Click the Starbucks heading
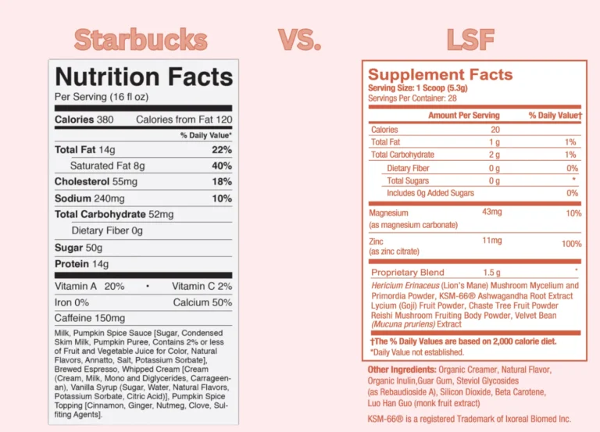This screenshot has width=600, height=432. coord(141,39)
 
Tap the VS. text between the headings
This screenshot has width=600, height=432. coord(299,39)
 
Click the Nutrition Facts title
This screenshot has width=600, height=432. coord(144,77)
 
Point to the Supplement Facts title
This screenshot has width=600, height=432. coord(440,75)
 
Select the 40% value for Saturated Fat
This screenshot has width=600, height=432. coord(222,166)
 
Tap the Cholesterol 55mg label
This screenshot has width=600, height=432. coord(97,181)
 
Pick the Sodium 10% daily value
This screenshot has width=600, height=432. coord(222,198)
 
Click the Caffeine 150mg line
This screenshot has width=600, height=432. coord(89,318)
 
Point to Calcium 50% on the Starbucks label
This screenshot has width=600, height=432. coord(202,302)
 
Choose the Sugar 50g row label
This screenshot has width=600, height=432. coord(79,247)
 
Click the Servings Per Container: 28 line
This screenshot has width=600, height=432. coord(412,98)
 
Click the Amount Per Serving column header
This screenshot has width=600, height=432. coord(463,116)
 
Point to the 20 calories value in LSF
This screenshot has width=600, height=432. coord(495,130)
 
